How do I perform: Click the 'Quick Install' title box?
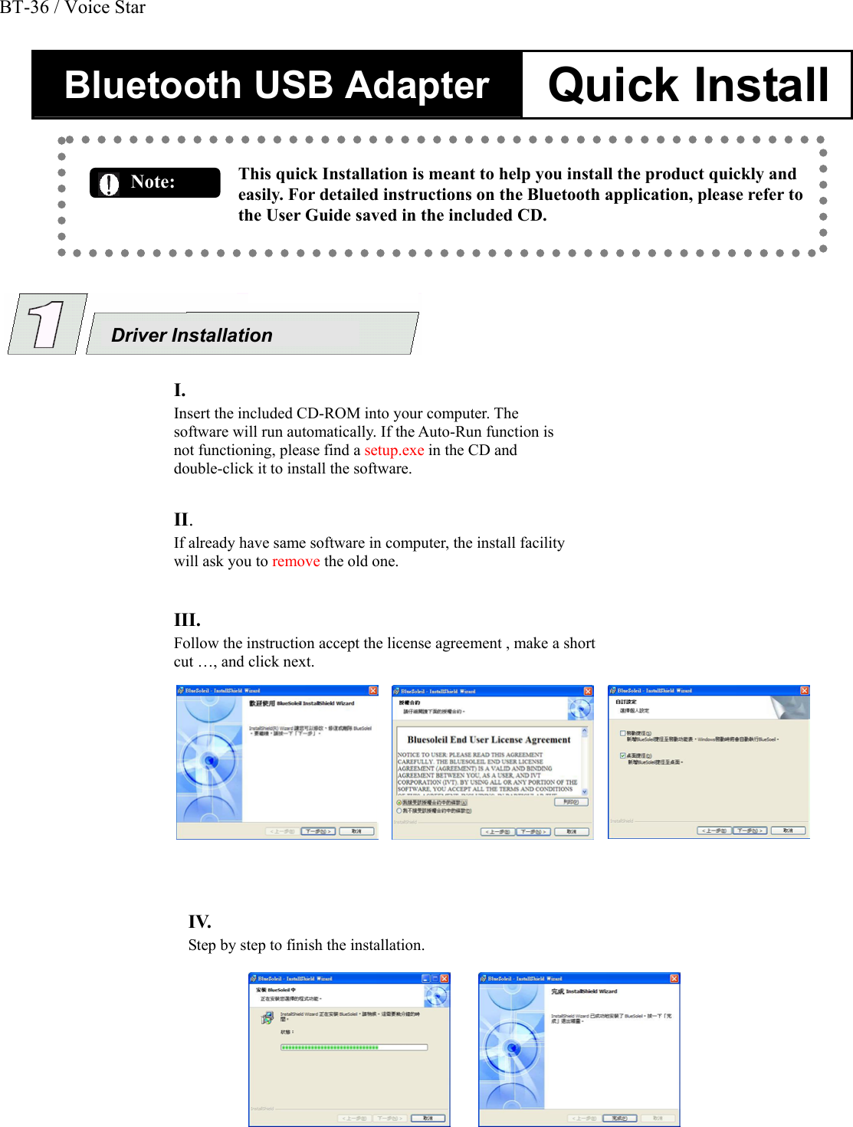coord(687,84)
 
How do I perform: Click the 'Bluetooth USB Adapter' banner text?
coord(277,84)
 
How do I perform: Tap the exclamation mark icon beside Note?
coord(110,184)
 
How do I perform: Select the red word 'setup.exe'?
coord(394,450)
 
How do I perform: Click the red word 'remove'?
coord(296,562)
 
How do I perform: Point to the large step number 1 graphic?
coord(47,324)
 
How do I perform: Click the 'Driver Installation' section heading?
coord(192,336)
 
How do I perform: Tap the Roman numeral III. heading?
coord(187,620)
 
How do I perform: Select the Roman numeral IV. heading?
coord(199,922)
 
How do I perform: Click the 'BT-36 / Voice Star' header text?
coord(73,8)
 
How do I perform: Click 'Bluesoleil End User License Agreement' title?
coord(489,740)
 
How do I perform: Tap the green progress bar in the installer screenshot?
coord(330,1047)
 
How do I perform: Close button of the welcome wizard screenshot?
coord(373,690)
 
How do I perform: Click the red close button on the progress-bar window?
coord(445,978)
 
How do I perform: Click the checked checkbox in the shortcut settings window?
coord(622,755)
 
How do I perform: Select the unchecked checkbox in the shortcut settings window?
coord(622,733)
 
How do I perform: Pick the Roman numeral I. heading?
coord(179,390)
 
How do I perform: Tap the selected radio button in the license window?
coord(399,802)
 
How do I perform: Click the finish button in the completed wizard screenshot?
coord(619,1118)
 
